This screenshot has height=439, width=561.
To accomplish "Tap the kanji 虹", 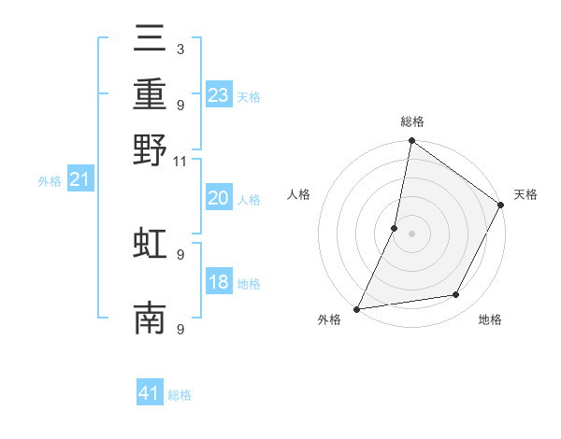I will pyautogui.click(x=150, y=243).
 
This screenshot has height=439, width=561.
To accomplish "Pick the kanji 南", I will pyautogui.click(x=150, y=319).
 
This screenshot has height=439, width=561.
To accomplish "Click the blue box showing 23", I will pyautogui.click(x=218, y=95).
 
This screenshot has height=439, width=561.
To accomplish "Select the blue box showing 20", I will pyautogui.click(x=218, y=198).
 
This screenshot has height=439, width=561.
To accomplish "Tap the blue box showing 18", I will pyautogui.click(x=218, y=283).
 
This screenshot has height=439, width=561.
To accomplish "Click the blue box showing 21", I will pyautogui.click(x=80, y=180).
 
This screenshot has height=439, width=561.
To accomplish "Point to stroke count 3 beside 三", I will pyautogui.click(x=180, y=49).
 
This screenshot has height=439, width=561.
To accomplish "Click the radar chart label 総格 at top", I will pyautogui.click(x=411, y=121).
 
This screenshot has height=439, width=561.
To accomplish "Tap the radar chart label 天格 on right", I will pyautogui.click(x=525, y=194).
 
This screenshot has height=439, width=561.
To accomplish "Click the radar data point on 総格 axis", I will pyautogui.click(x=411, y=141).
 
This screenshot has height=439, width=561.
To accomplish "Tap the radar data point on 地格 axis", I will pyautogui.click(x=456, y=295).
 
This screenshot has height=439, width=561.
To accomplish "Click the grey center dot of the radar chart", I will pyautogui.click(x=411, y=233).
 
